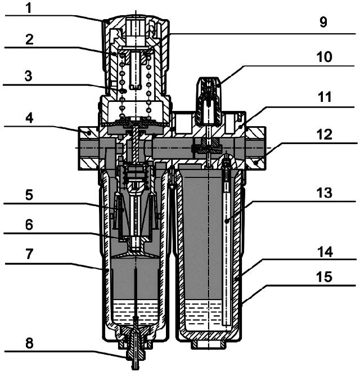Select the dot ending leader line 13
coord(227,222)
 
